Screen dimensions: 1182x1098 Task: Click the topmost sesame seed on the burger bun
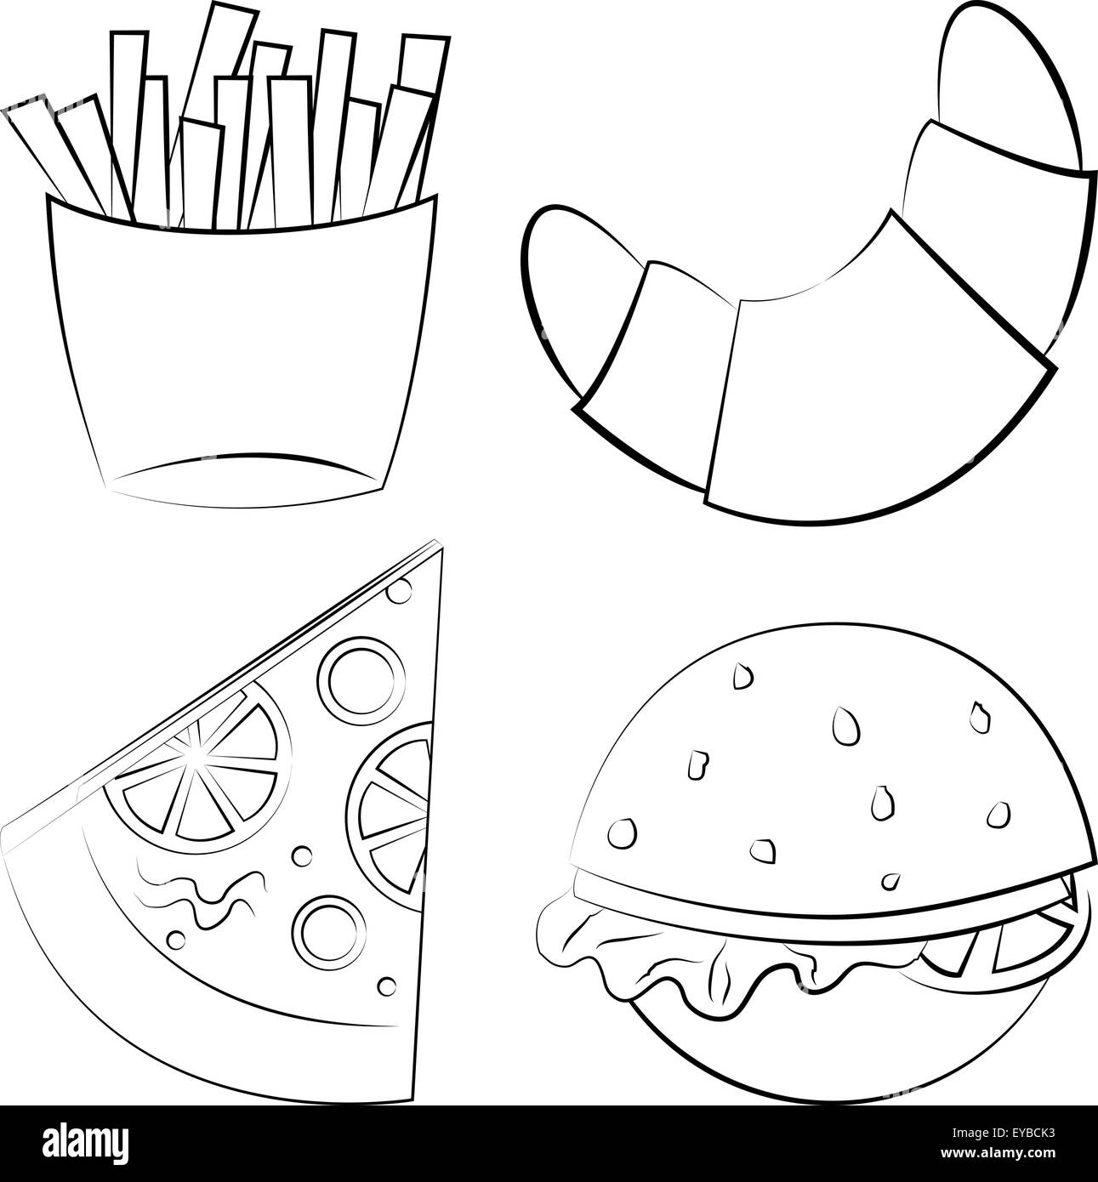click(742, 676)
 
